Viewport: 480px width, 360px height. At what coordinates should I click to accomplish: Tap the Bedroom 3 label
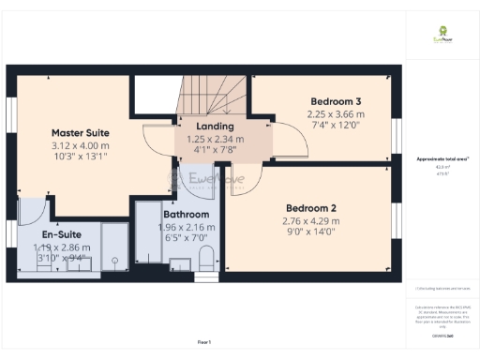(x=336, y=100)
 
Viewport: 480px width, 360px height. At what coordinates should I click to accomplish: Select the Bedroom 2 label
(x=310, y=207)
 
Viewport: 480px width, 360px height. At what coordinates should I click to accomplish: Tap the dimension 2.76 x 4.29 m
(x=310, y=221)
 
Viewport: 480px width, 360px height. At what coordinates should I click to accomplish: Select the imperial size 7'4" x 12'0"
(x=336, y=126)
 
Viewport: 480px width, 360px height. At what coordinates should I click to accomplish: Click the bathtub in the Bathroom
(x=148, y=239)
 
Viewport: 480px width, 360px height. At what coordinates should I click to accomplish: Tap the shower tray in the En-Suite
(x=112, y=249)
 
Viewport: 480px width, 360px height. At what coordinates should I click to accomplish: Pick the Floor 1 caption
(x=203, y=342)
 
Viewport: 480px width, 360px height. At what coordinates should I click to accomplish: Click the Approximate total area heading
(x=439, y=160)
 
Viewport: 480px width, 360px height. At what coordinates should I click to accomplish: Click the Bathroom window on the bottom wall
(x=178, y=279)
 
